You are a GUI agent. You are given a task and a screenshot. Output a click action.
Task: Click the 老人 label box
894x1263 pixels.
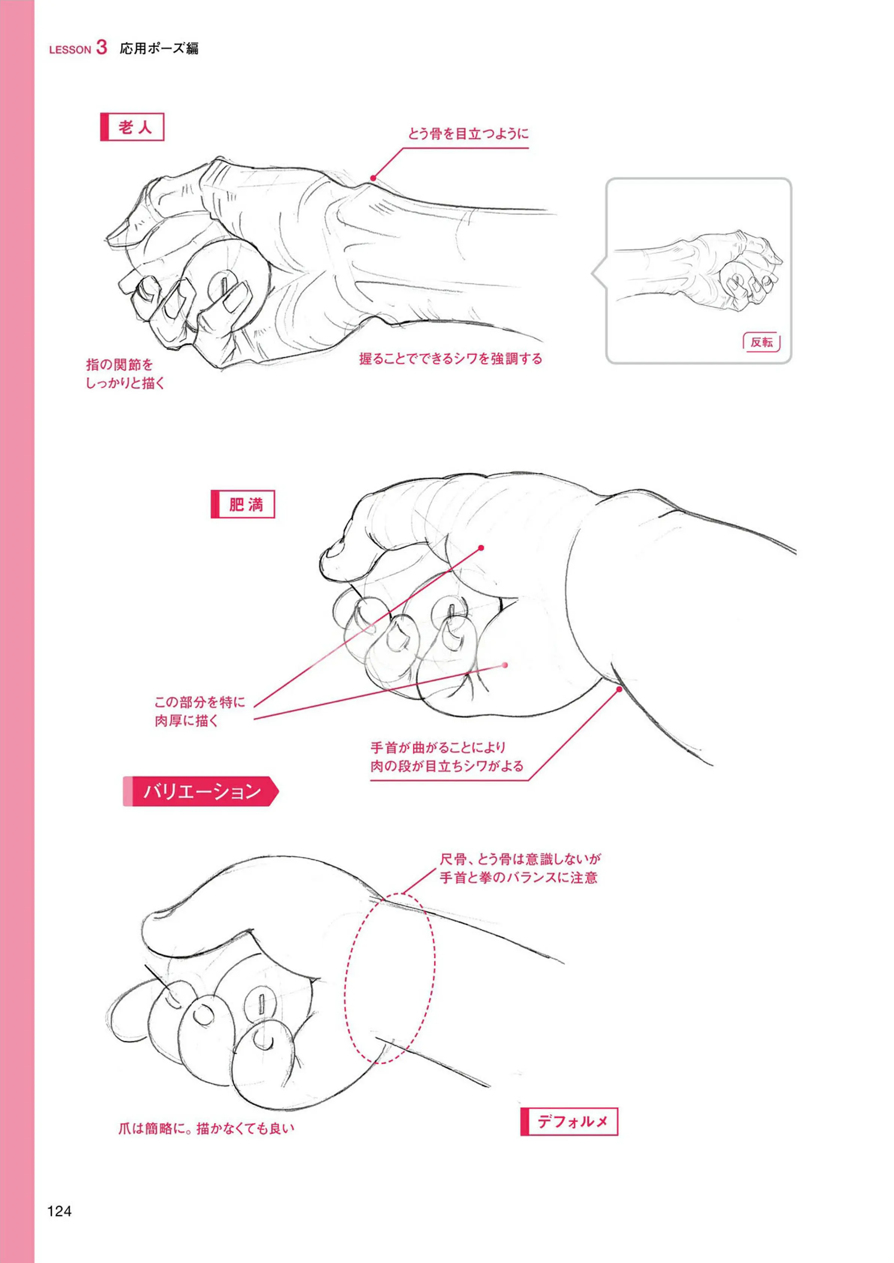(132, 127)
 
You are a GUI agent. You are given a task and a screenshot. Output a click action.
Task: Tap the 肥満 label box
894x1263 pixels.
(243, 504)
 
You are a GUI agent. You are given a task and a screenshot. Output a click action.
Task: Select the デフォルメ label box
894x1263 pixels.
(569, 1121)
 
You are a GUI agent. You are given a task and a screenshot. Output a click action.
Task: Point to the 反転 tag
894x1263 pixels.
(761, 343)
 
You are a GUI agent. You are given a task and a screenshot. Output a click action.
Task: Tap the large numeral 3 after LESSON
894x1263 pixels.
(101, 47)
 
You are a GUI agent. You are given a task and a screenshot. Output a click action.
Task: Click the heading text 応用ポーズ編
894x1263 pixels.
(159, 48)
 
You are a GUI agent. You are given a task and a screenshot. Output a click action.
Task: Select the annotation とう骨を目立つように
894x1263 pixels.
(468, 134)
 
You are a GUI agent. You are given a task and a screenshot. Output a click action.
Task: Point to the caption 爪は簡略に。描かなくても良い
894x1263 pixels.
(206, 1129)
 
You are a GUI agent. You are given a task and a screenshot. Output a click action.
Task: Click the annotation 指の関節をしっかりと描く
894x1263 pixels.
(125, 374)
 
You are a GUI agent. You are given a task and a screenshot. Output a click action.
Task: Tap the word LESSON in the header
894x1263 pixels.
(70, 49)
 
